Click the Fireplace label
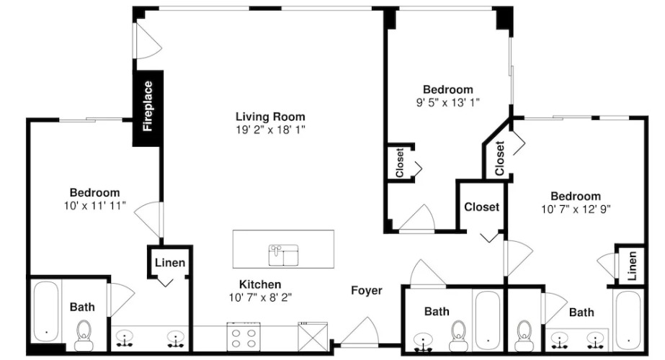coord(148,107)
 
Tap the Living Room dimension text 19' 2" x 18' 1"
coord(271,130)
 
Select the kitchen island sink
coord(283,255)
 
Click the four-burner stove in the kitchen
coord(244,337)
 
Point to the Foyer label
coord(367,290)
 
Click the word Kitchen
coord(260,284)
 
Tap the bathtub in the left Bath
coord(46,311)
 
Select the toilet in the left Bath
coord(84,335)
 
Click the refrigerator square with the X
coord(313,337)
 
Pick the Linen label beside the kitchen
coord(169,263)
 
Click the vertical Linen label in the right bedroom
coord(632,266)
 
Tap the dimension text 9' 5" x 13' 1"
coord(448,102)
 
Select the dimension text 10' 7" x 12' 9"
coord(576,209)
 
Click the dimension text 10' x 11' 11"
coord(95,206)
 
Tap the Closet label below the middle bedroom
coord(481,207)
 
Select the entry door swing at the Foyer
coord(360,331)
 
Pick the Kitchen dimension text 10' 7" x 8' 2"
coord(260,297)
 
